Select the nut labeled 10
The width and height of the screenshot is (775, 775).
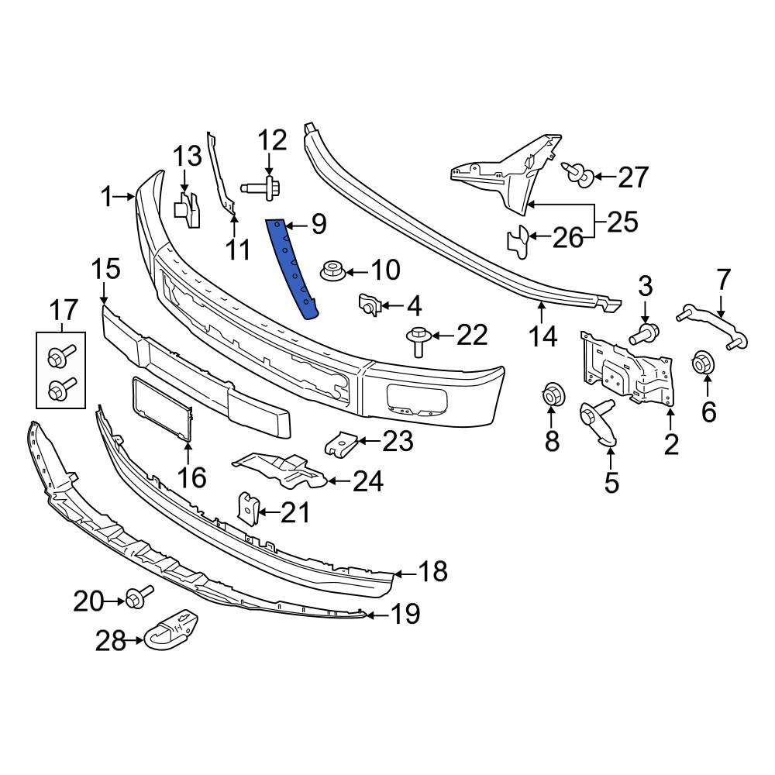(331, 272)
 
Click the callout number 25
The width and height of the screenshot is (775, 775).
(622, 222)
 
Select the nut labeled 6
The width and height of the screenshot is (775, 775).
(703, 363)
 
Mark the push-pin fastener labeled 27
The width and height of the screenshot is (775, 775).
(578, 174)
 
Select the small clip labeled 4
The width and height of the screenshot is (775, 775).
(370, 305)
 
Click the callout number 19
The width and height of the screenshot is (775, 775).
(405, 615)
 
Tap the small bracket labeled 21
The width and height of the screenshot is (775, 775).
(247, 508)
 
